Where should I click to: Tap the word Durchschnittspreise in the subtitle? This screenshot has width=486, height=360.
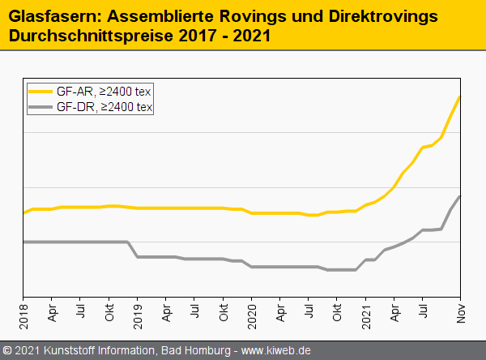(x=87, y=36)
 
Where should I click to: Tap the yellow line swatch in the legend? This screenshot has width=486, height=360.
(x=41, y=91)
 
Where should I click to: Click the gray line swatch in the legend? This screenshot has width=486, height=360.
(x=41, y=106)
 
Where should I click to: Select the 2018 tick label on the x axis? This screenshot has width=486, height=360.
(x=23, y=312)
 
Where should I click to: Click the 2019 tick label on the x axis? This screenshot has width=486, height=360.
(x=138, y=312)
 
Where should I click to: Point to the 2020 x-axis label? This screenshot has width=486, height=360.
(x=252, y=312)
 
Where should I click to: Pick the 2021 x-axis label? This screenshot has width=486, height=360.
(x=366, y=312)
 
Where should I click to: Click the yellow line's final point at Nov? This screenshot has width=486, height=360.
(x=460, y=97)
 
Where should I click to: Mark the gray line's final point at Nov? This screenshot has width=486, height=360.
(x=460, y=196)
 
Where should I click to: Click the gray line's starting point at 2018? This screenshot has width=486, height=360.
(x=24, y=242)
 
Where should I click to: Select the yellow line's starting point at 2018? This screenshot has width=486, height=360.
(x=24, y=212)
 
